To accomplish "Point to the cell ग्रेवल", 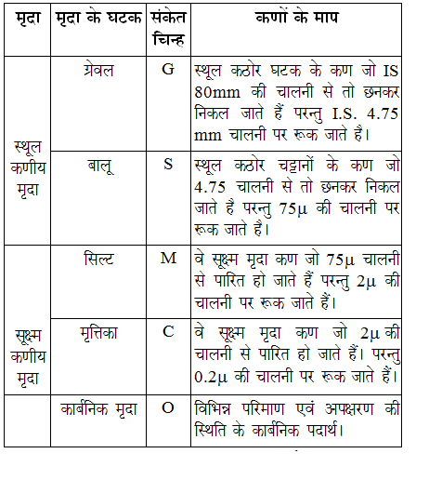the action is (x=98, y=72).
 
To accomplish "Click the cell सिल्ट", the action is (x=98, y=258).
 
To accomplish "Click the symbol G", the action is (x=168, y=71).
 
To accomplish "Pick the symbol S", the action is (x=168, y=166).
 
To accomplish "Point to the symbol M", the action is (x=168, y=258).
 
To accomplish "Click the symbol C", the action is (x=168, y=331).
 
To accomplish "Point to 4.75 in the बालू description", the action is (x=211, y=187).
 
